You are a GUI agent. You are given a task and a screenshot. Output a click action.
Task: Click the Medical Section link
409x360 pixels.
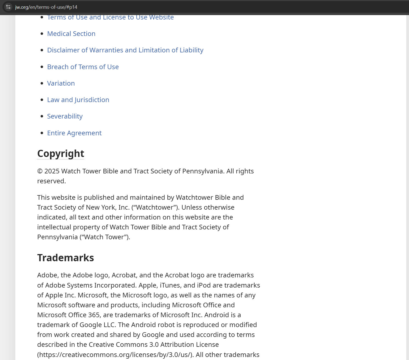tap(71, 34)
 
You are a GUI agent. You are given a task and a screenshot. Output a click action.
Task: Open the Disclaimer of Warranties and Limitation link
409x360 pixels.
tap(125, 50)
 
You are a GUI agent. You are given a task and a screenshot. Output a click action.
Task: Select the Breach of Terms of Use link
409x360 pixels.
tap(83, 67)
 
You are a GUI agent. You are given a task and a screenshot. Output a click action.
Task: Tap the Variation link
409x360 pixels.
tap(61, 83)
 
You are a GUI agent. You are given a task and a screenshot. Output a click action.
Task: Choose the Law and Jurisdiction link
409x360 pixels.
tap(78, 100)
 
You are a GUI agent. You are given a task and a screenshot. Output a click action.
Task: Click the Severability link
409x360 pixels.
tap(65, 116)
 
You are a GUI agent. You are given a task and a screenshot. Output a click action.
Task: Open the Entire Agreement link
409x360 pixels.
tap(74, 133)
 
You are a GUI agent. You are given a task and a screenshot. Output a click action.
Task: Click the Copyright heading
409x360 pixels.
tap(61, 154)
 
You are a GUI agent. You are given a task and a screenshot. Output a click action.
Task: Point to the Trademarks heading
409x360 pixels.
tap(66, 258)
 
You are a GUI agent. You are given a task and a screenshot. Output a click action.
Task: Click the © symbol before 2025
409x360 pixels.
tap(40, 171)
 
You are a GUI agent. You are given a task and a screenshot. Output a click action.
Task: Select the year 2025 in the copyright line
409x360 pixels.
tap(52, 171)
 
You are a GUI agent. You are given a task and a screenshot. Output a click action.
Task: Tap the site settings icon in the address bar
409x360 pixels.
tap(8, 7)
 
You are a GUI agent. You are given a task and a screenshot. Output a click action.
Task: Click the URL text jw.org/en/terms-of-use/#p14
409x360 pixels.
tap(46, 7)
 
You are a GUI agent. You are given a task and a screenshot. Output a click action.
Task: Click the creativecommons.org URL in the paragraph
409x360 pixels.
tap(115, 355)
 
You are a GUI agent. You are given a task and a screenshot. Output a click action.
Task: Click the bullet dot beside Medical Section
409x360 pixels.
tap(42, 34)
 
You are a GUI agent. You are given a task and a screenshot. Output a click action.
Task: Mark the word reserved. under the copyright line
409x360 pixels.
tap(52, 181)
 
